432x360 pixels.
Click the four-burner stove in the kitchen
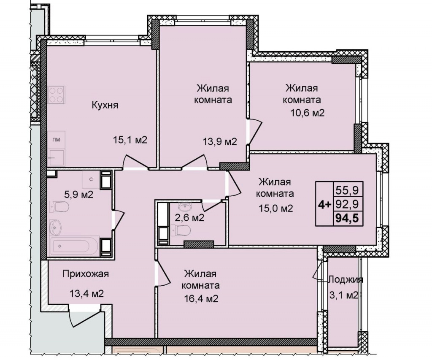coord(57,95)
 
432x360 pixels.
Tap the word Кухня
coord(105,105)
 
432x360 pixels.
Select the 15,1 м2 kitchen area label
coord(130,140)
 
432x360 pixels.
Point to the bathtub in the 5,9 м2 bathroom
coord(74,246)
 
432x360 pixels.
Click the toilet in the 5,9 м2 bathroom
coord(59,207)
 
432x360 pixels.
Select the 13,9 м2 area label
coord(220,142)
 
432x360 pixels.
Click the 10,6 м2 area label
coord(308,113)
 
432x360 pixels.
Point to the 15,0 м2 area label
coord(275,208)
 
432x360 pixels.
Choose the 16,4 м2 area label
coord(201,298)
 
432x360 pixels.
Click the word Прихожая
coord(86,274)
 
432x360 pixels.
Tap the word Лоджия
coord(346,279)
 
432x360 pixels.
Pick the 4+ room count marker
coord(324,204)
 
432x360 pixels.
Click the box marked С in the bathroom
coord(91,179)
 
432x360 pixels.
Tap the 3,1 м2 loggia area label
coord(344,295)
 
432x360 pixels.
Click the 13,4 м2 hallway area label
coord(86,294)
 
